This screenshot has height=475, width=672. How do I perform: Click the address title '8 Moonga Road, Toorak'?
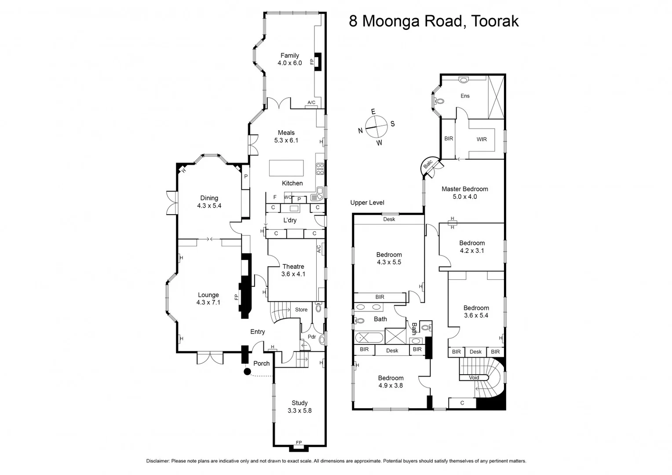(434, 21)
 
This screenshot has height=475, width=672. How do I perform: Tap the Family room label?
(289, 55)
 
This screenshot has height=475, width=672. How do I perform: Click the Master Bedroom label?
(464, 189)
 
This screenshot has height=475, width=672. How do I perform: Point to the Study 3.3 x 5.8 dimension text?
(299, 411)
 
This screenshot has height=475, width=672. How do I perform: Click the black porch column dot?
(247, 372)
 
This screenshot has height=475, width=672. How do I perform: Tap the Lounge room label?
(208, 295)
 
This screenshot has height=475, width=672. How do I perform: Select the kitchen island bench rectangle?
(286, 168)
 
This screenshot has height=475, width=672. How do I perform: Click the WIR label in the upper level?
(482, 139)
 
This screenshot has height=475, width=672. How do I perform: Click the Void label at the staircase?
(474, 378)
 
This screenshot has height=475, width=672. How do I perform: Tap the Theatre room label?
(293, 267)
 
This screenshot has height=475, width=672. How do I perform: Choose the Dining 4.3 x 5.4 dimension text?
(209, 206)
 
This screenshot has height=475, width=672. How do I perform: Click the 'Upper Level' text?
(367, 203)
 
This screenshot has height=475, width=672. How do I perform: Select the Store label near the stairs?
(301, 310)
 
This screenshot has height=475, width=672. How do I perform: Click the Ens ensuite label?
(465, 96)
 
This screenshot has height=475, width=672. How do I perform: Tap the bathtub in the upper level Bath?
(369, 338)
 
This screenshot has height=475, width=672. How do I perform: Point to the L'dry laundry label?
(289, 220)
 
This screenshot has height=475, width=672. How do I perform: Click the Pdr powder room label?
(311, 337)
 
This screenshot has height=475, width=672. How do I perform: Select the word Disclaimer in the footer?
(157, 461)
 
